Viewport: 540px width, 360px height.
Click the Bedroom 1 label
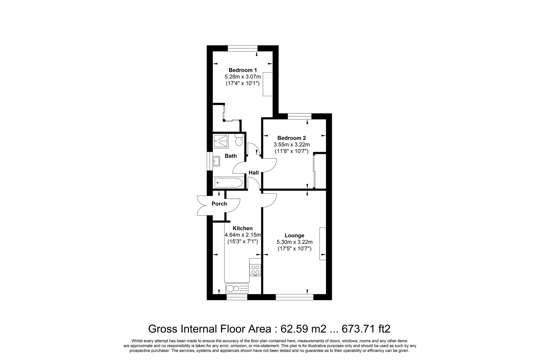click(x=242, y=70)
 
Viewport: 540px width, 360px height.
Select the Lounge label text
click(x=294, y=235)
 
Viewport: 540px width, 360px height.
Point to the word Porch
click(x=219, y=204)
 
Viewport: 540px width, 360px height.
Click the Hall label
click(x=254, y=173)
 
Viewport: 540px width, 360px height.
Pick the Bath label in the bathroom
click(x=231, y=156)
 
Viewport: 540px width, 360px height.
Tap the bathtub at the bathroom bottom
click(x=229, y=183)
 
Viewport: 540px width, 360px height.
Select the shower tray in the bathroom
click(x=221, y=141)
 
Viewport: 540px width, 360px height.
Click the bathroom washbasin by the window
click(x=217, y=161)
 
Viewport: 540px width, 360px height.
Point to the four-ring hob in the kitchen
click(x=255, y=269)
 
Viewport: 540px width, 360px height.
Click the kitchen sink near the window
click(x=237, y=288)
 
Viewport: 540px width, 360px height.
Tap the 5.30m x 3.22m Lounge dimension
click(x=294, y=242)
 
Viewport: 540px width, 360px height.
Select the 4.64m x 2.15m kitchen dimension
click(x=243, y=235)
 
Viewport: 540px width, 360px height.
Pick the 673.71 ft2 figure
click(x=366, y=329)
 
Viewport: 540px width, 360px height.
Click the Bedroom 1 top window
click(x=242, y=48)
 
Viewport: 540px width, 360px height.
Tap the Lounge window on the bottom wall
click(x=294, y=297)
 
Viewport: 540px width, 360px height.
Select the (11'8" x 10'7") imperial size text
click(x=291, y=151)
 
